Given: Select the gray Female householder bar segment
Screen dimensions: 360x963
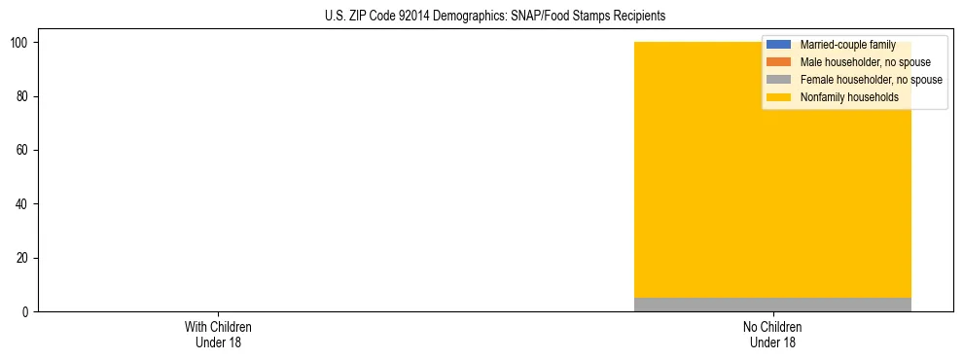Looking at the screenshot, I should (x=772, y=305).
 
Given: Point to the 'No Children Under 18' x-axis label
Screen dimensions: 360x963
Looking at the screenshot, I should (x=772, y=334).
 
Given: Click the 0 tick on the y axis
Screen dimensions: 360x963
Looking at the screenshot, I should (x=25, y=311).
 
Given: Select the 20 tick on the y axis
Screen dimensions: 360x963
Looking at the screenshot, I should (x=22, y=258).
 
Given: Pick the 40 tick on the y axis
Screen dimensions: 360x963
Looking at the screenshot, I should (x=22, y=204).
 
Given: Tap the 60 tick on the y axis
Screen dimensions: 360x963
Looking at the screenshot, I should (x=22, y=150).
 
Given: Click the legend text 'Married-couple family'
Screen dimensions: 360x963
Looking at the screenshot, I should (x=847, y=45).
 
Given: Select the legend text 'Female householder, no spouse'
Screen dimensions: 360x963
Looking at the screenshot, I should (x=871, y=80).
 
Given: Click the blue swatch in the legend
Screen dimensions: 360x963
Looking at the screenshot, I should (x=779, y=45).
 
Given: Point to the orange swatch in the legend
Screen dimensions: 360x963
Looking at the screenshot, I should (x=779, y=62).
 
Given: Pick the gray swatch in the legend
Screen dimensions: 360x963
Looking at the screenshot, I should (x=779, y=80).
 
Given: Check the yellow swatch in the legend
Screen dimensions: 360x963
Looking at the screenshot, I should (x=779, y=97).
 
